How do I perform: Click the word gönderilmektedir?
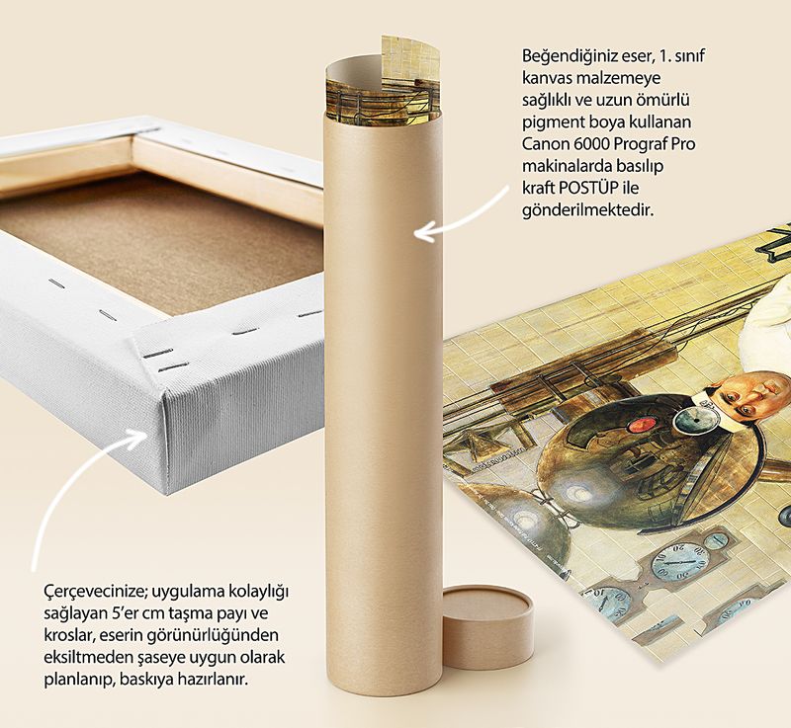[587, 210]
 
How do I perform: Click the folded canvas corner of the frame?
[151, 383]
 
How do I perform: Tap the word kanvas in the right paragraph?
[547, 79]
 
